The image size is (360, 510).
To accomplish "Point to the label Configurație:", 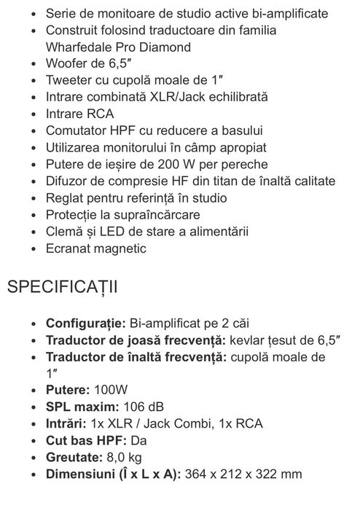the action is tap(85, 323).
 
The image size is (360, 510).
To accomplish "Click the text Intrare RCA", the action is tap(80, 114).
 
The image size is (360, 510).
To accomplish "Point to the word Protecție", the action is tap(73, 215).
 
